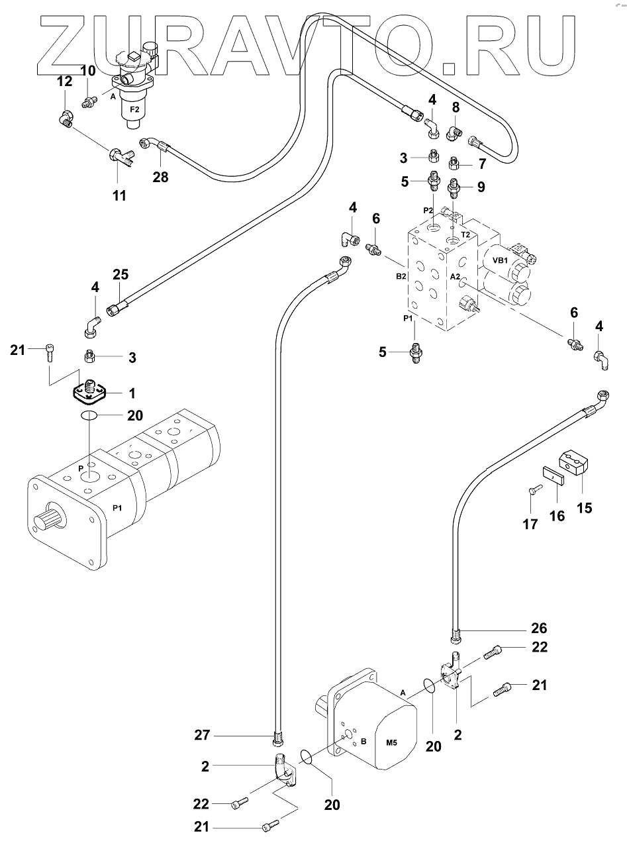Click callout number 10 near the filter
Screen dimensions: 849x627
[88, 71]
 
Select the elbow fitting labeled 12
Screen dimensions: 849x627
[66, 119]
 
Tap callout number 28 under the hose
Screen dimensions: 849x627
[160, 177]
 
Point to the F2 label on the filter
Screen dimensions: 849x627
[134, 109]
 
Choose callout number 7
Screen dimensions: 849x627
[481, 163]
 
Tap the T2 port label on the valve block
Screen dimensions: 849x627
[465, 234]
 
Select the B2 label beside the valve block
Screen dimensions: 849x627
[401, 277]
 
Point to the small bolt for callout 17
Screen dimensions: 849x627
[534, 491]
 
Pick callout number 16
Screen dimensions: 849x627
[557, 515]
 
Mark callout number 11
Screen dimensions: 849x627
[119, 196]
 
